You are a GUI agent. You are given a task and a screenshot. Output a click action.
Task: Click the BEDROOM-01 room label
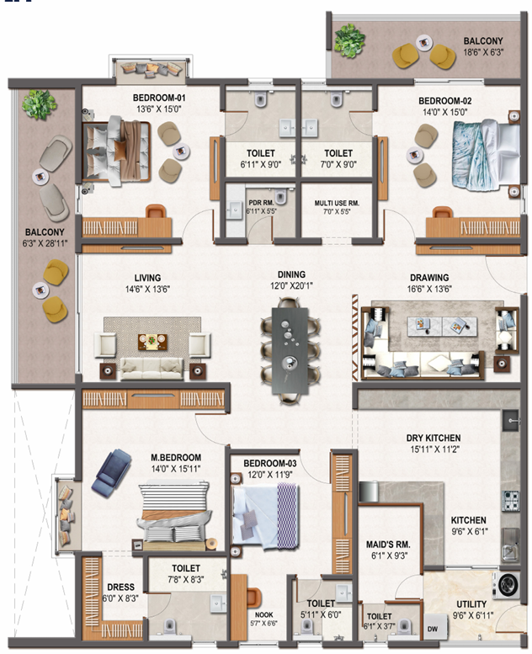159,98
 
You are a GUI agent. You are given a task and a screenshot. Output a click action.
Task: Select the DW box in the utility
433,628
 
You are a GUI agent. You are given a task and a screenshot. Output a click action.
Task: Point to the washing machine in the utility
508,583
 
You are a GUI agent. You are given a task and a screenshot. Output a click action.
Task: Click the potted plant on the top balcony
349,40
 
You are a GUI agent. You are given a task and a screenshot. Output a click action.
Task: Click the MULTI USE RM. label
337,203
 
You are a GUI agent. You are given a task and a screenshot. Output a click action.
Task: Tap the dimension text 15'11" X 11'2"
434,449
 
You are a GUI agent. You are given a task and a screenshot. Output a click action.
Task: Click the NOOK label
263,614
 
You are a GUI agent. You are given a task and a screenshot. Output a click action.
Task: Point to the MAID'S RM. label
388,545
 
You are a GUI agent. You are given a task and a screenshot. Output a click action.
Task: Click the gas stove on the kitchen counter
511,501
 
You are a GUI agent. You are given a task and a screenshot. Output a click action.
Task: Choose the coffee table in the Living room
152,342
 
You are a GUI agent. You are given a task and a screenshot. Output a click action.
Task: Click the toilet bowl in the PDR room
281,197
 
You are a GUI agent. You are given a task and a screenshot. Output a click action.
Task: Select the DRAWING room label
429,278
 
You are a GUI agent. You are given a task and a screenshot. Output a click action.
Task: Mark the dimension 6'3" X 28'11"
45,243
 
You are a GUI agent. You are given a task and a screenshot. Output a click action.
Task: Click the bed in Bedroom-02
486,155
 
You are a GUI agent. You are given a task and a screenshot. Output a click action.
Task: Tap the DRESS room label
120,588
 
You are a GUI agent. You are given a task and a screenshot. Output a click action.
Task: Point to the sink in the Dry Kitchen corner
511,421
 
